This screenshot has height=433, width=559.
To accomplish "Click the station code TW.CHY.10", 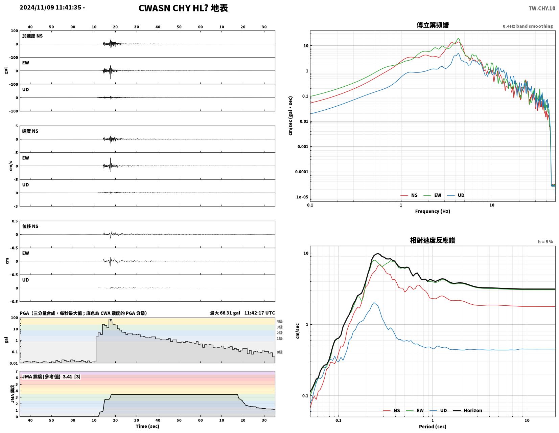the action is (541, 8).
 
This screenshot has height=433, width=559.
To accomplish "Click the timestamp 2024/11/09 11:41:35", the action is (50, 7).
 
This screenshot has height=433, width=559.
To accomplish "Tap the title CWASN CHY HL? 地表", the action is (183, 8).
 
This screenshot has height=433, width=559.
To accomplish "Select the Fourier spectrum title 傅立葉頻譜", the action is (432, 25).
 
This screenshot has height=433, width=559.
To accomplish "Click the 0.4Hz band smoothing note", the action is (527, 26).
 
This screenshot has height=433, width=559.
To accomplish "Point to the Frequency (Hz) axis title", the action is (432, 211).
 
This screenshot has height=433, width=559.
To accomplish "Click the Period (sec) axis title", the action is (432, 427).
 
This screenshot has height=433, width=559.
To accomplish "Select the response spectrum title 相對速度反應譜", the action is (432, 240).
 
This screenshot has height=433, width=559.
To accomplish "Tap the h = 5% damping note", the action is (545, 242).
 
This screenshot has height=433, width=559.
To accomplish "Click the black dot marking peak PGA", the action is (111, 320).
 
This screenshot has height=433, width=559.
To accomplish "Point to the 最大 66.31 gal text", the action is (225, 313).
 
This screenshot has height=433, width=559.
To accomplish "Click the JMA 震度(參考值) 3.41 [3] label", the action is (51, 376).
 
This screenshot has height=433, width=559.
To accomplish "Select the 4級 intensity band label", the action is (279, 321).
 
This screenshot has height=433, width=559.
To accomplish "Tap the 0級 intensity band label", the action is (279, 352).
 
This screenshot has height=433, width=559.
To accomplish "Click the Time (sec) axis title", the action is (147, 426).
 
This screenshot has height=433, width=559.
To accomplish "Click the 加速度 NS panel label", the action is (32, 36).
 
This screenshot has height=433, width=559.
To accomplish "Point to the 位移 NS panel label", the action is (30, 226).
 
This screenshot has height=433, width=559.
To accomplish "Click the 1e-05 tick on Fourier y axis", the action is (302, 197).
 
